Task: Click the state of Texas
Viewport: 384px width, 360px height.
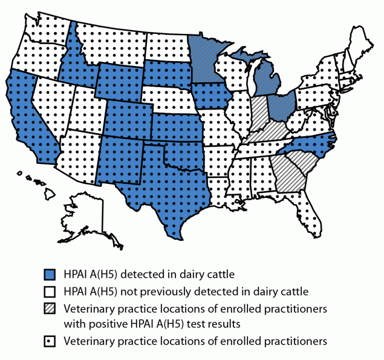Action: (x=166, y=182)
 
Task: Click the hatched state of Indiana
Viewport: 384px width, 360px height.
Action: (x=259, y=113)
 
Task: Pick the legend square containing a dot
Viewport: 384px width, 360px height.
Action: (x=50, y=341)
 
